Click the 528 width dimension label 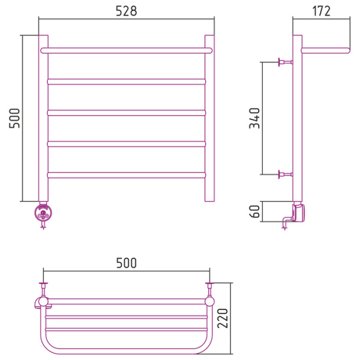126,11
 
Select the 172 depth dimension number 322,11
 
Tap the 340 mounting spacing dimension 254,118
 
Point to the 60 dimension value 254,211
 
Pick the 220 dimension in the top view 223,318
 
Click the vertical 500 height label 14,118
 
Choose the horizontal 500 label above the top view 126,263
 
